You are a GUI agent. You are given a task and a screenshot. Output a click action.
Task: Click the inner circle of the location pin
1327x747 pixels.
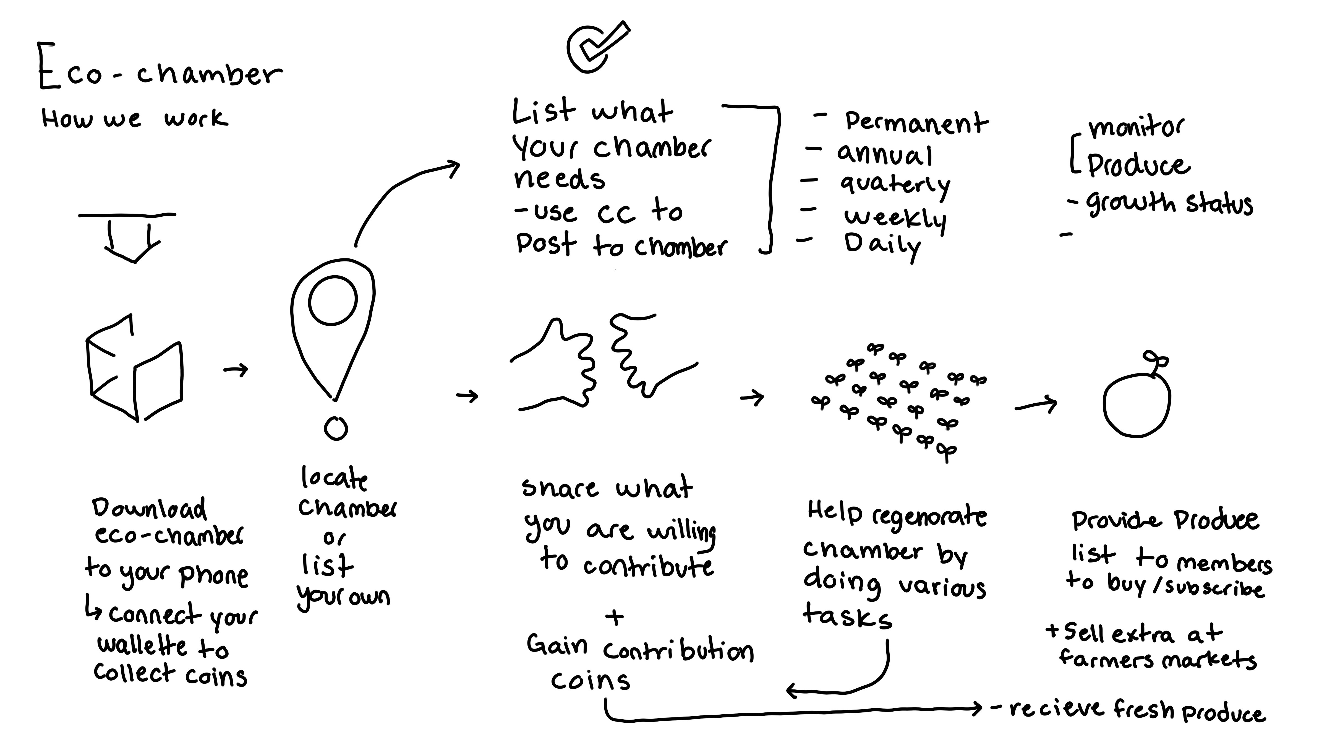click(333, 300)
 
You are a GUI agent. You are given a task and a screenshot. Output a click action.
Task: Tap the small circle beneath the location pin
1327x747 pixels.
click(336, 428)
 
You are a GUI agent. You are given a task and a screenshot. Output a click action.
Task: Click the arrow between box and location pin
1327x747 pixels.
click(236, 370)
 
